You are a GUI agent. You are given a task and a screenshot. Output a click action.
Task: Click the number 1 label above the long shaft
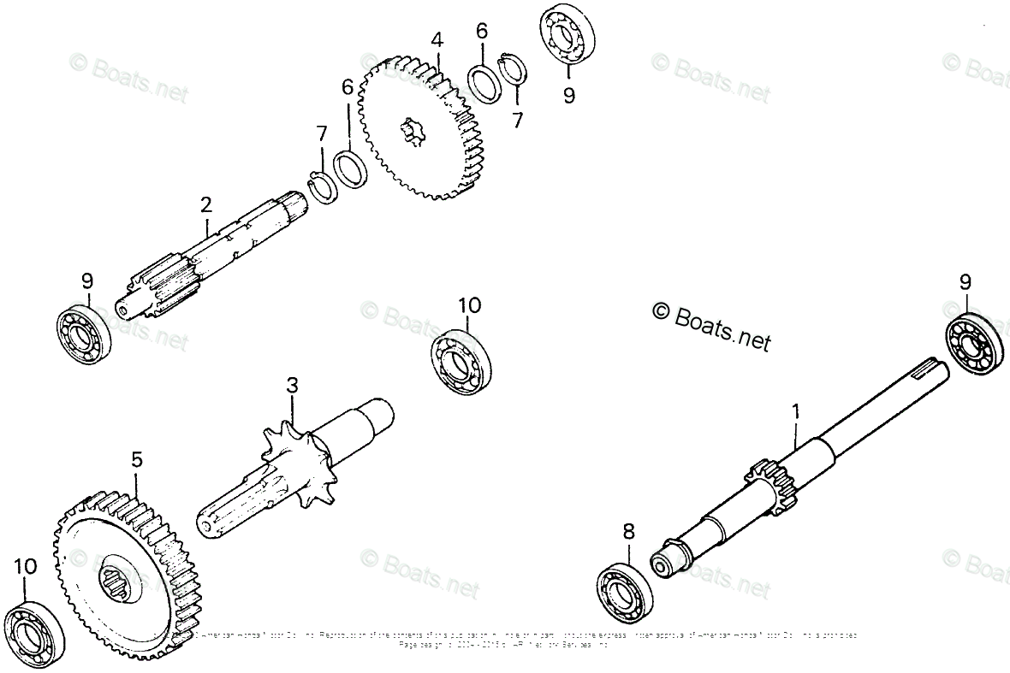[x=795, y=411]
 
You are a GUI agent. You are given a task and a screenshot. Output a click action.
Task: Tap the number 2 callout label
[x=205, y=204]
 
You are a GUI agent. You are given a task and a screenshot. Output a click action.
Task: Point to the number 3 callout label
[x=292, y=385]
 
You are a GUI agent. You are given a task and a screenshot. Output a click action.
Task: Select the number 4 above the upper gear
[x=437, y=39]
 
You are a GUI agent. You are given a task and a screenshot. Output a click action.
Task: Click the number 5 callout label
[x=136, y=460]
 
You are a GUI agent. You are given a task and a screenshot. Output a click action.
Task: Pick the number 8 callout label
[x=629, y=532]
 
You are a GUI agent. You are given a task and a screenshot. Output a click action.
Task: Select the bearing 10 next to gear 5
[x=31, y=634]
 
